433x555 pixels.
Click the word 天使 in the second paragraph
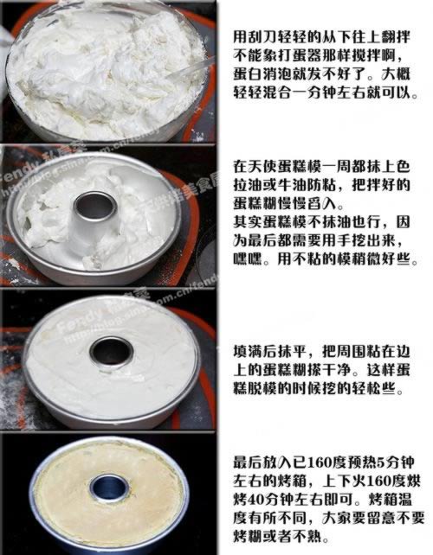(x=262, y=166)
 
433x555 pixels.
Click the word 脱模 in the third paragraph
(x=262, y=389)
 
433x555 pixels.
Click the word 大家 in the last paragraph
(x=337, y=518)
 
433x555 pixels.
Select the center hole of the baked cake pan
(x=108, y=488)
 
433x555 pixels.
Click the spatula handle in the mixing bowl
(x=191, y=68)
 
